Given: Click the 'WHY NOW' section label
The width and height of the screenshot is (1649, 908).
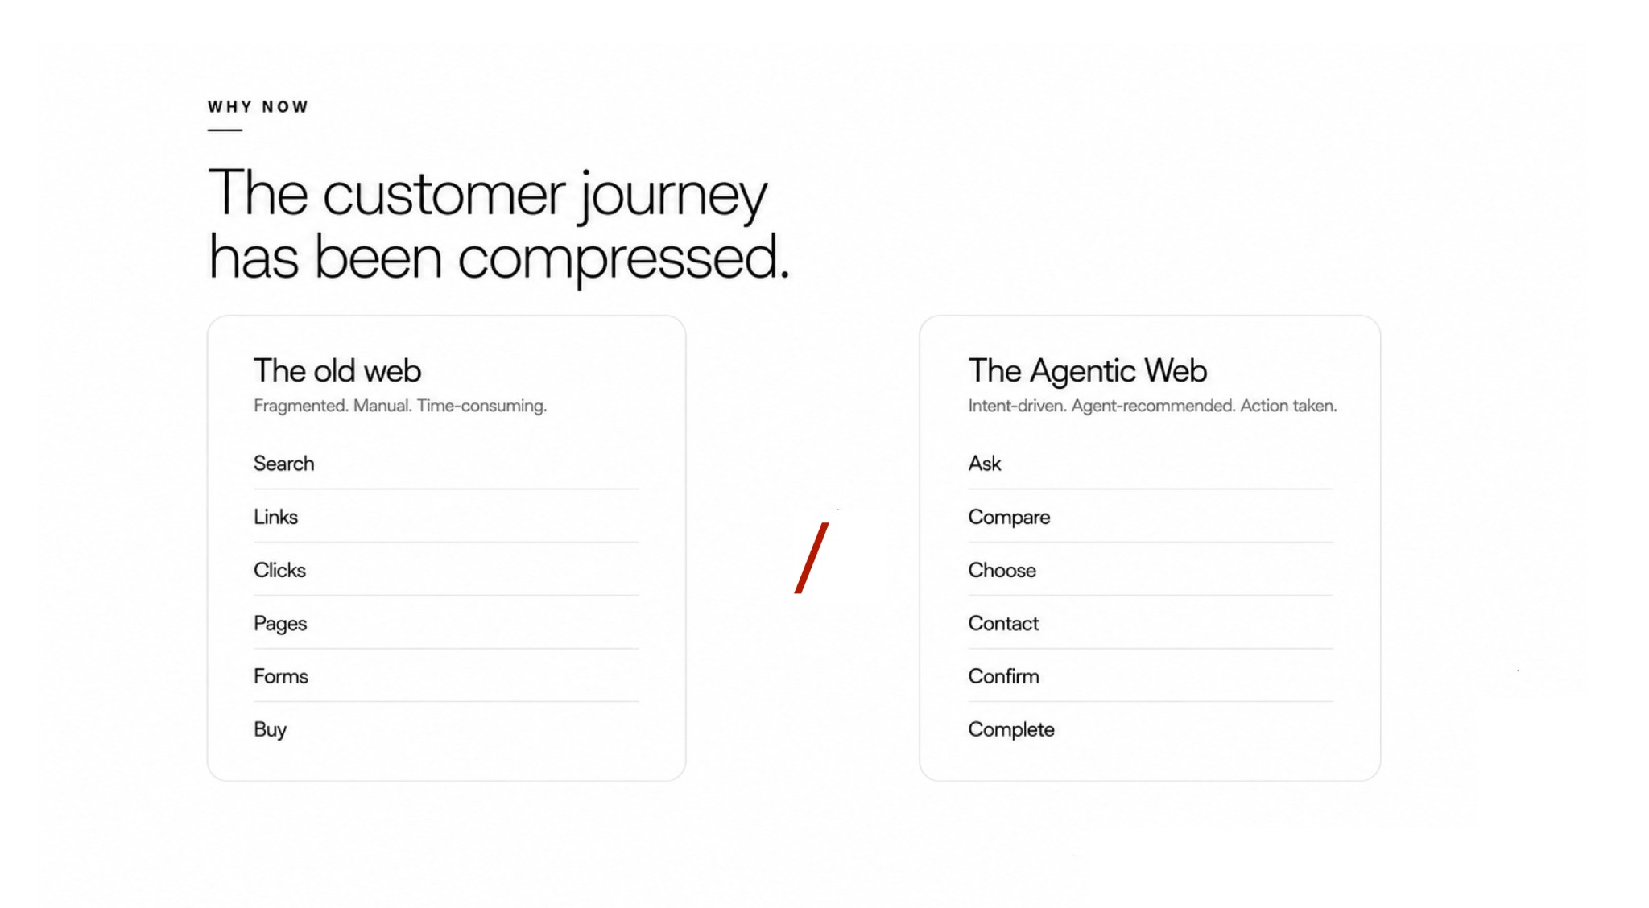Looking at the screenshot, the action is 258,107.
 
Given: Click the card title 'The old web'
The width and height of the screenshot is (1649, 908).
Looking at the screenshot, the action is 337,371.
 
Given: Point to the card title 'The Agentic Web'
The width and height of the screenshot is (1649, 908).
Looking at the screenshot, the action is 1088,371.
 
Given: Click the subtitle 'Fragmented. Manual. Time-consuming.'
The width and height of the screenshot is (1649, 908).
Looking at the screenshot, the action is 400,406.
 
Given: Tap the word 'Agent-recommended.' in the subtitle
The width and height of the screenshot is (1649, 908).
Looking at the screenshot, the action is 1153,406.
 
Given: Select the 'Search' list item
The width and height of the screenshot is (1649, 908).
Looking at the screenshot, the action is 283,464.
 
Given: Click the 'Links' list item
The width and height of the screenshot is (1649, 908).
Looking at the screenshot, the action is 275,517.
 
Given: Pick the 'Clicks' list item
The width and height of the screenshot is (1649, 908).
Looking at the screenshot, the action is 279,570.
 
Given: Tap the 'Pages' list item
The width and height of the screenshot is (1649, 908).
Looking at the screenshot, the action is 280,624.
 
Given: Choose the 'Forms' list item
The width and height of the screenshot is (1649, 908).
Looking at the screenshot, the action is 281,676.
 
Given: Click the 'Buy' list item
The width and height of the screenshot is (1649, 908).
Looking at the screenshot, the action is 270,730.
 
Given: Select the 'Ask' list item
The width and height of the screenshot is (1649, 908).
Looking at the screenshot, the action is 985,464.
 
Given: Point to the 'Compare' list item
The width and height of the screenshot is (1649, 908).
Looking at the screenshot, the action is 1009,518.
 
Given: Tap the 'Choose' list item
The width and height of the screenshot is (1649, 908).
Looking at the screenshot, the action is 1002,570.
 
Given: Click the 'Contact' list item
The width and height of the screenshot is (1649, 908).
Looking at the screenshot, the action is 1003,623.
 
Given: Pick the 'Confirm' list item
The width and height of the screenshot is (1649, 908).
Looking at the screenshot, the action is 1003,676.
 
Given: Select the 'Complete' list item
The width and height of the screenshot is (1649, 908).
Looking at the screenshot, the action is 1011,730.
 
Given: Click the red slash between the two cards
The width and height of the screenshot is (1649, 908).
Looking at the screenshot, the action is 812,558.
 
